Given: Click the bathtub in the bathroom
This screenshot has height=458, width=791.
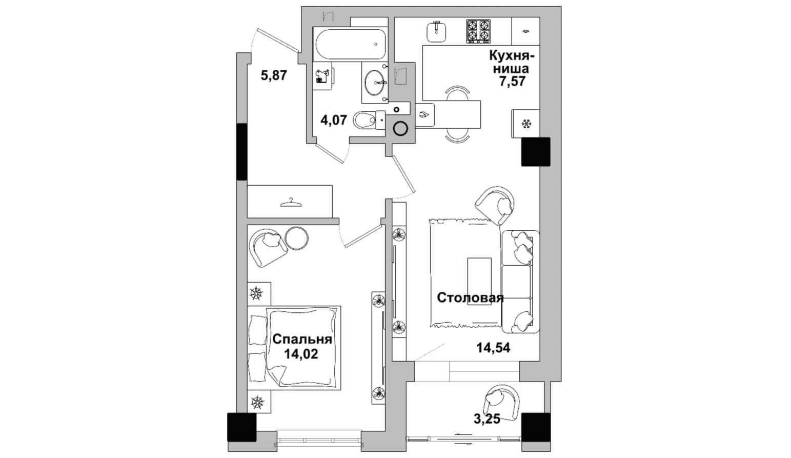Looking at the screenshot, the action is [350, 44].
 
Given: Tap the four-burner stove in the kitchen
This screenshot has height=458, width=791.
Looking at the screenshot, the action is [478, 31].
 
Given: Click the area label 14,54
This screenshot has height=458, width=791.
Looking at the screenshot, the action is [493, 348].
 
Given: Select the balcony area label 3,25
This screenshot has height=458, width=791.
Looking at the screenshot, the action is [486, 419].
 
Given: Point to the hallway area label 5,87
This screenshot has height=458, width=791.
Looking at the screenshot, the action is [274, 75].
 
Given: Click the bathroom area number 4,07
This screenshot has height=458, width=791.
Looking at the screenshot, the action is [334, 120].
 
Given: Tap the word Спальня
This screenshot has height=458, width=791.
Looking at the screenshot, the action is [302, 339].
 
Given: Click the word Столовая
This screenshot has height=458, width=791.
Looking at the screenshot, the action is [470, 297].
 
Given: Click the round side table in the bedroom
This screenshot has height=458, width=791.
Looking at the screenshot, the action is [297, 238].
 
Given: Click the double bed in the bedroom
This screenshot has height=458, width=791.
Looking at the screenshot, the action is [294, 348].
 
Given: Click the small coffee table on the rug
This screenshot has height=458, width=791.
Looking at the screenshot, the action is [479, 281].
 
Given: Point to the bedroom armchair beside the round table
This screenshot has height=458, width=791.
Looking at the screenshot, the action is [269, 247].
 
